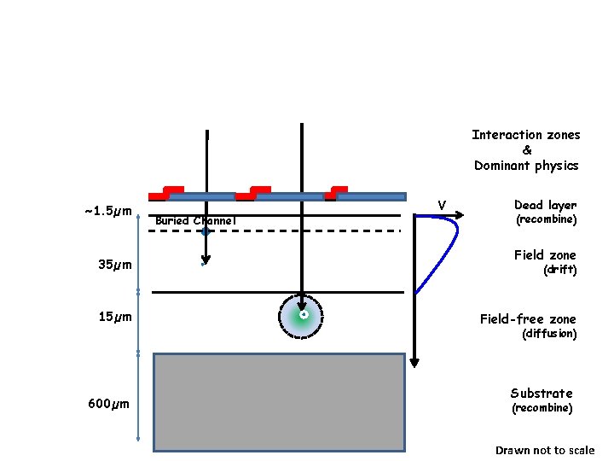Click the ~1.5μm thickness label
click(107, 211)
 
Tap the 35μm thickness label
click(115, 265)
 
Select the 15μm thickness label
click(115, 318)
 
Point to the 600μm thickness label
click(108, 404)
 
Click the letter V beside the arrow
click(442, 205)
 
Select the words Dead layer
click(545, 205)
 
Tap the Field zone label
click(545, 254)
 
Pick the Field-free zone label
click(528, 318)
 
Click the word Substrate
click(542, 393)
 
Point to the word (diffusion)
click(549, 334)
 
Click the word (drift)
click(560, 270)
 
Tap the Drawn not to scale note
click(545, 450)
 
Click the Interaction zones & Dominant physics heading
click(526, 149)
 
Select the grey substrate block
click(278, 401)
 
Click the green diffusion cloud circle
click(303, 316)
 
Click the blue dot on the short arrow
click(206, 230)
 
